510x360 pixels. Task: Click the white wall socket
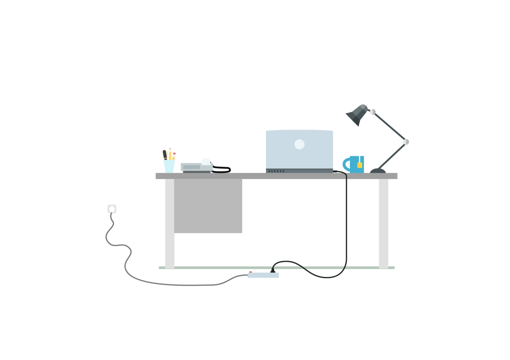[x=111, y=209]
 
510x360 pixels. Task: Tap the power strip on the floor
[x=263, y=275]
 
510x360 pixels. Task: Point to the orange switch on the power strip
[x=250, y=272]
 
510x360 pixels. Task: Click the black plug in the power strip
[x=272, y=271]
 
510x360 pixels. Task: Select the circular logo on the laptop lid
[x=299, y=144]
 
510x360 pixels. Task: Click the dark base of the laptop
[x=299, y=171]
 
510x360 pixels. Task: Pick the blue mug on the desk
[x=356, y=164]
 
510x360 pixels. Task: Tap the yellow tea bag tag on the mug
[x=360, y=165]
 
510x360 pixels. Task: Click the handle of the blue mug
[x=346, y=164]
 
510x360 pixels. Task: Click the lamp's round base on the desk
[x=377, y=171]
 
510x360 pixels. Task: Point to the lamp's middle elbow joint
[x=406, y=142]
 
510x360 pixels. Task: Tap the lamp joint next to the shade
[x=373, y=112]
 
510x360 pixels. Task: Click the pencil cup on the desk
[x=169, y=166]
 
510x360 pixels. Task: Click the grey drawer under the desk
[x=208, y=206]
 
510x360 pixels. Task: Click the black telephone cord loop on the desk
[x=221, y=170]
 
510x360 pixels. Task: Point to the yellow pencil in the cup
[x=170, y=154]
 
